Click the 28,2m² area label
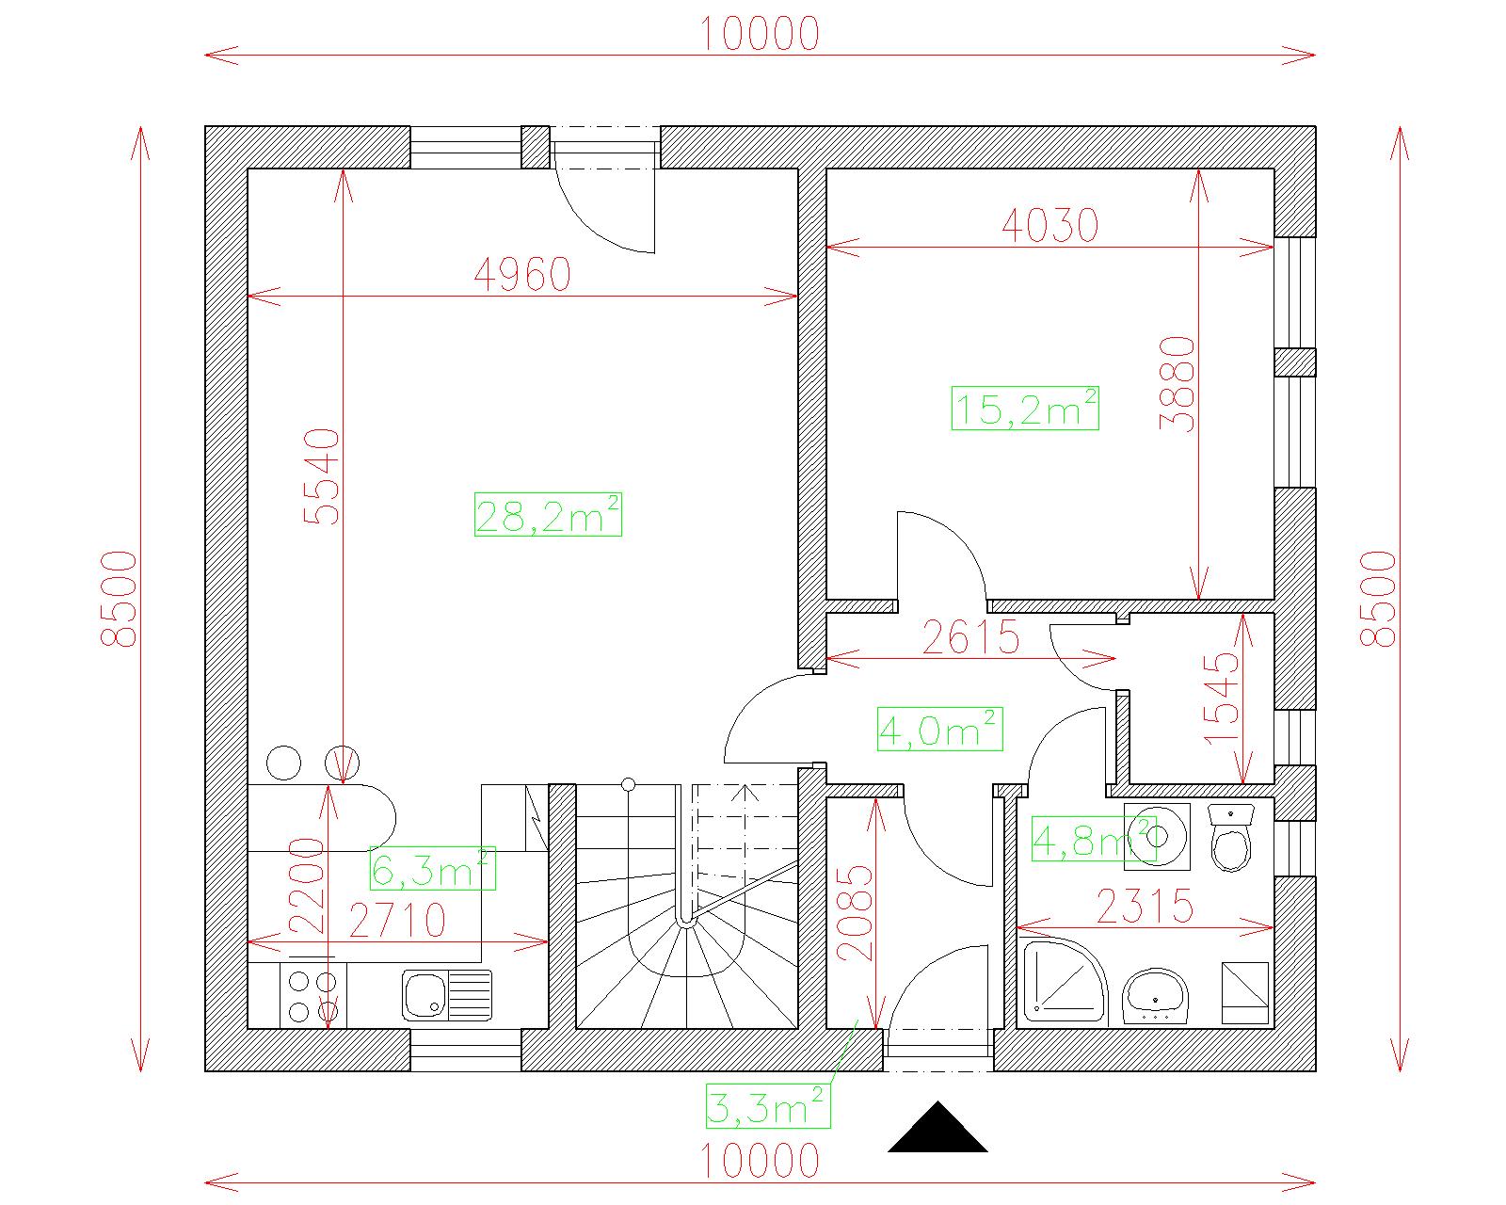pos(548,515)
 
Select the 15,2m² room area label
pos(1025,408)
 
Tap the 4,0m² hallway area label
pos(940,729)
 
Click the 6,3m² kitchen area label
pos(432,868)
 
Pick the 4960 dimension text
pos(522,275)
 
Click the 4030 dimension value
pos(1049,225)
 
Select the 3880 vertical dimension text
pos(1178,384)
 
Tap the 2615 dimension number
pos(970,637)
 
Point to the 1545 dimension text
pos(1221,699)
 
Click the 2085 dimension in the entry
pos(855,913)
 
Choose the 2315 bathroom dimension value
pos(1145,906)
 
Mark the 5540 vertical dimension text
pos(322,476)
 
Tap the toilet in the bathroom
pos(1230,838)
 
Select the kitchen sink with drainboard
pos(447,995)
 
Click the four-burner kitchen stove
pos(312,995)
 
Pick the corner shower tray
pos(1064,981)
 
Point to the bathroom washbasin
pos(1156,996)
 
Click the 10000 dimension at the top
pos(760,34)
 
